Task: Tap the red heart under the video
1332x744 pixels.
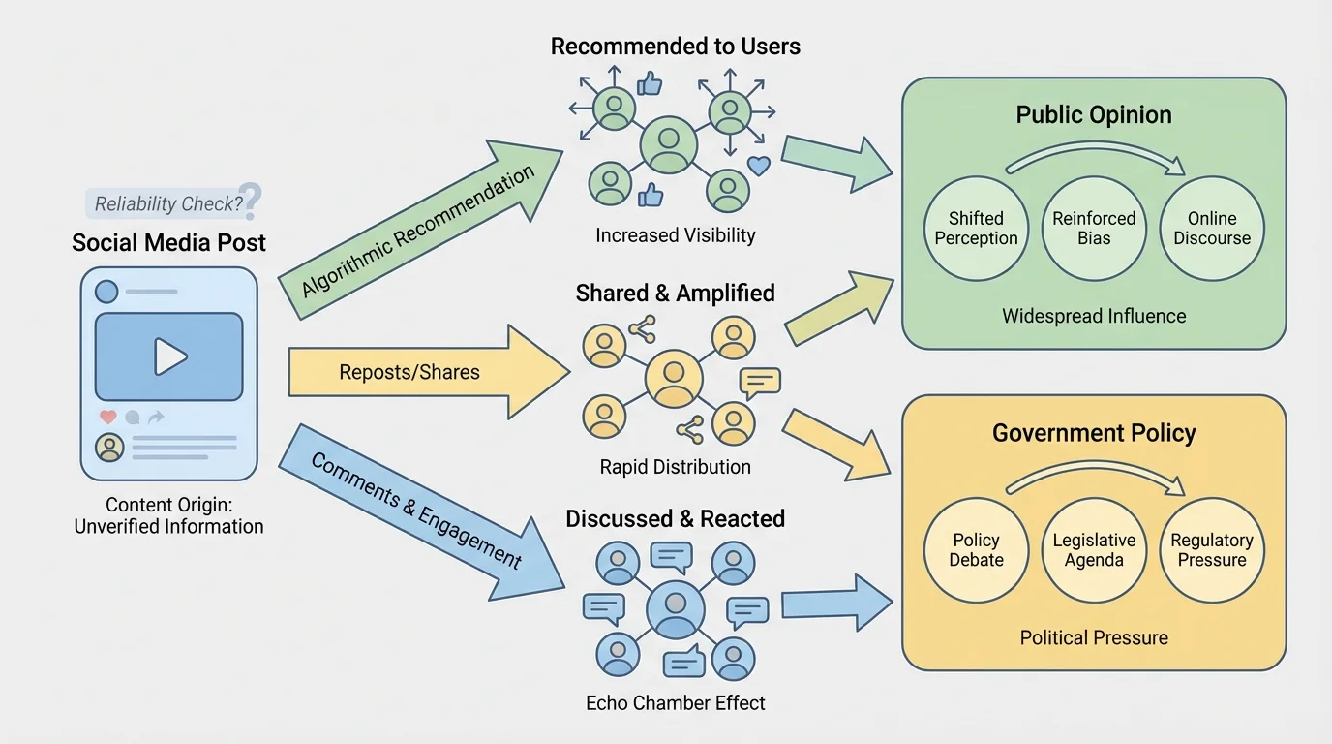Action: tap(107, 417)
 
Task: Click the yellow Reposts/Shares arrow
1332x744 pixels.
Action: tap(426, 372)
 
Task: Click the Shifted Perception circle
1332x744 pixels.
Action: tap(976, 229)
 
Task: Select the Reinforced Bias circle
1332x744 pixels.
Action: tap(1094, 229)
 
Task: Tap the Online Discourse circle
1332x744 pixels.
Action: tap(1212, 229)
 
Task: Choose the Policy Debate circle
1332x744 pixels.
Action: tap(976, 550)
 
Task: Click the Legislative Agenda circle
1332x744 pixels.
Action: tap(1094, 550)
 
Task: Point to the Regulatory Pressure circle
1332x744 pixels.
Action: tap(1212, 550)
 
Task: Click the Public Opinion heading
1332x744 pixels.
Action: tap(1094, 115)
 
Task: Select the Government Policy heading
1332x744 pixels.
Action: tap(1094, 433)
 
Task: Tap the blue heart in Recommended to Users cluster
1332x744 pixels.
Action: tap(759, 166)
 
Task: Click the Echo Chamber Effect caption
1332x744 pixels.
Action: tap(676, 703)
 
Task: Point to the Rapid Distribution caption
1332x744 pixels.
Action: tap(676, 467)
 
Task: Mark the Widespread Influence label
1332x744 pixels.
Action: tap(1094, 316)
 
